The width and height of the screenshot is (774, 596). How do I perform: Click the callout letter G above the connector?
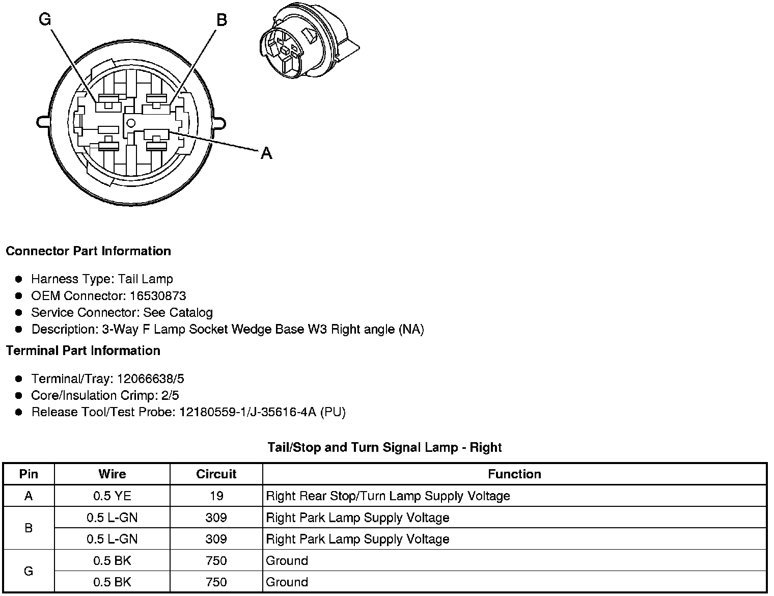pyautogui.click(x=45, y=19)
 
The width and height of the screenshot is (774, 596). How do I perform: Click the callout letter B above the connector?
pyautogui.click(x=222, y=20)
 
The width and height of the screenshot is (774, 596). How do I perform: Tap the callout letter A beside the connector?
pyautogui.click(x=266, y=153)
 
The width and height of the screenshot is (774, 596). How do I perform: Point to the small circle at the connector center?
pyautogui.click(x=131, y=122)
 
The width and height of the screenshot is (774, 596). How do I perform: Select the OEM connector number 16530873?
pyautogui.click(x=158, y=296)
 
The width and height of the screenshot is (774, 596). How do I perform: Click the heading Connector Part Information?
pyautogui.click(x=88, y=251)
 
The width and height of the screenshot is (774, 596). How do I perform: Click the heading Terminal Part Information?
pyautogui.click(x=83, y=351)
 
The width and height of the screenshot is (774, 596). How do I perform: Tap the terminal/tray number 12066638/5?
pyautogui.click(x=151, y=379)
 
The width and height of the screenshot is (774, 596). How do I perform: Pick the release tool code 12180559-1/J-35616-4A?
pyautogui.click(x=247, y=412)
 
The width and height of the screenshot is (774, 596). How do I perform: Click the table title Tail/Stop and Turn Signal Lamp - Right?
pyautogui.click(x=384, y=448)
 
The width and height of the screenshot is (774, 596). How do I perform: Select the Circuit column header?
pyautogui.click(x=216, y=474)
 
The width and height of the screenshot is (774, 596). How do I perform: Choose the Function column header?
pyautogui.click(x=514, y=474)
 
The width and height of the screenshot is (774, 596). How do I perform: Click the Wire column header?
pyautogui.click(x=112, y=474)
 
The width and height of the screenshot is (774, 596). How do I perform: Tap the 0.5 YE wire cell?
pyautogui.click(x=112, y=496)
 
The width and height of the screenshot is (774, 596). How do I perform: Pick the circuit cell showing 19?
pyautogui.click(x=216, y=496)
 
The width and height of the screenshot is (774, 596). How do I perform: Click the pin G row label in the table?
pyautogui.click(x=29, y=571)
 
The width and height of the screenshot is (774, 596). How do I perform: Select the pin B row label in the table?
pyautogui.click(x=29, y=528)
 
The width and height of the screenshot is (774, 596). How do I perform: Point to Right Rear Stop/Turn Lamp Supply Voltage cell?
pyautogui.click(x=388, y=496)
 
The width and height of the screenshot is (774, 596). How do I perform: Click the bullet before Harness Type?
pyautogui.click(x=19, y=279)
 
